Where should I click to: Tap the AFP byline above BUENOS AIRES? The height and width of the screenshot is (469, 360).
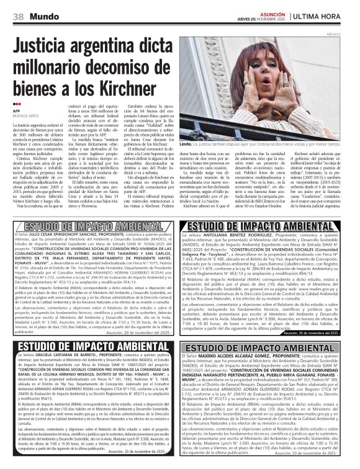[x=17, y=111]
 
